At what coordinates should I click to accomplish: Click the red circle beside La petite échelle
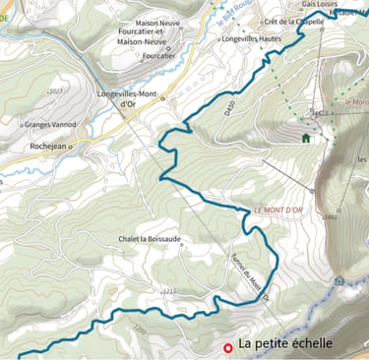(227, 347)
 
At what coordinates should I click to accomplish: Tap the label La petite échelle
(285, 344)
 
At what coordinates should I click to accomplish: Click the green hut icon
(306, 138)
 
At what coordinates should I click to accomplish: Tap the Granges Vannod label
(49, 125)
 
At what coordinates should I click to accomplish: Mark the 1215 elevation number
(168, 291)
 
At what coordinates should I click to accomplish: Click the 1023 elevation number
(55, 90)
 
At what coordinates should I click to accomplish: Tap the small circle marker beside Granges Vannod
(22, 126)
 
